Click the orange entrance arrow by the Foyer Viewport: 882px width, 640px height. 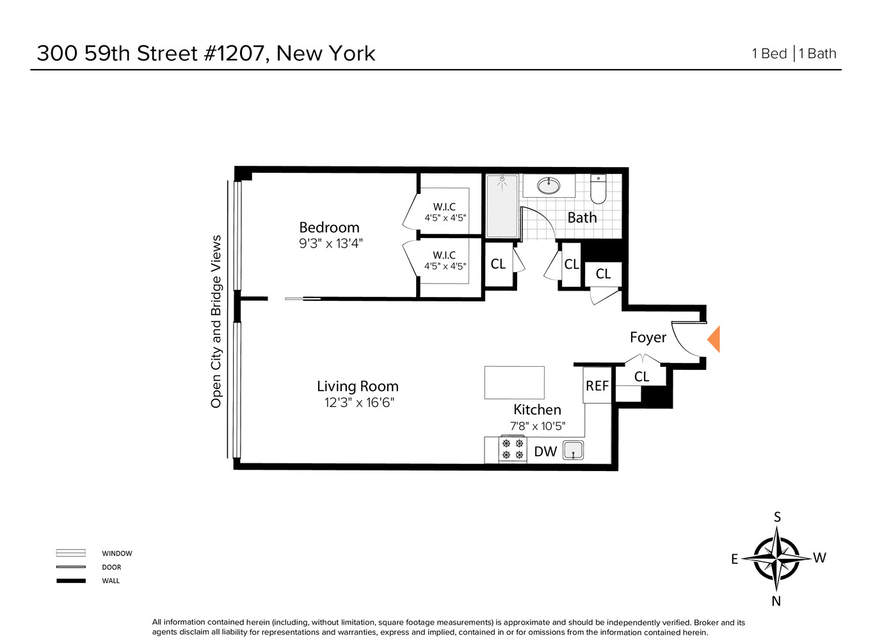[714, 339]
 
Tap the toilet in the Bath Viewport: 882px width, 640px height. [598, 189]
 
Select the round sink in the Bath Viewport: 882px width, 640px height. [549, 186]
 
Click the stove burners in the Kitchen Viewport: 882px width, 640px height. [513, 449]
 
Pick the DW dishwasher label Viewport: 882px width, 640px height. [545, 452]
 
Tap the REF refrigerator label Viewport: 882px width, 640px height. [597, 386]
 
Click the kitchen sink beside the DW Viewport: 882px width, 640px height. [573, 451]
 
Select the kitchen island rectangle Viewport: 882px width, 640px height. [514, 383]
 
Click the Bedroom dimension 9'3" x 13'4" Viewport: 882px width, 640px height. [331, 244]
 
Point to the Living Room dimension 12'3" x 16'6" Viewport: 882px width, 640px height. [359, 403]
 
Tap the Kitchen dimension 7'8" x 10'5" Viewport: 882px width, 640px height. [538, 426]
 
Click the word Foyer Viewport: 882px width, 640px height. [648, 337]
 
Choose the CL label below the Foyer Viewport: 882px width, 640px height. [641, 377]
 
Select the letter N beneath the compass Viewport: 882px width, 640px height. [776, 601]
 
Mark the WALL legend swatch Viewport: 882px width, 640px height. [70, 581]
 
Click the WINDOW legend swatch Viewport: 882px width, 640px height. [70, 553]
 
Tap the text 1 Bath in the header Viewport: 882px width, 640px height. [817, 54]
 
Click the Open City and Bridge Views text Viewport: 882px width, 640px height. [216, 321]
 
